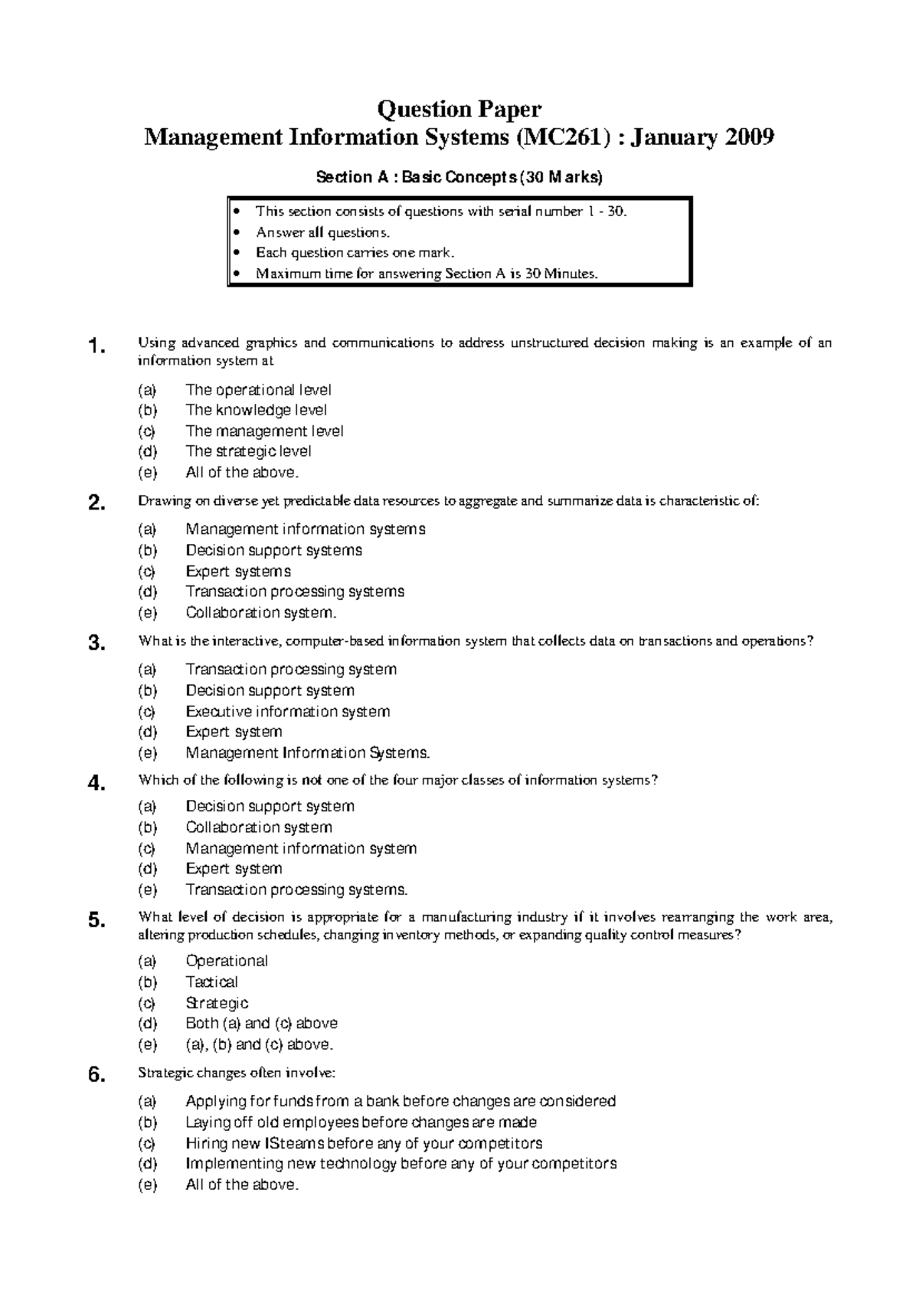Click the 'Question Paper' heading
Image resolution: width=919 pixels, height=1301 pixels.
pyautogui.click(x=459, y=110)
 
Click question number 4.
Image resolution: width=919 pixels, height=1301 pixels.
pyautogui.click(x=96, y=783)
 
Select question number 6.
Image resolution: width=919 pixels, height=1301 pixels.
pyautogui.click(x=96, y=1076)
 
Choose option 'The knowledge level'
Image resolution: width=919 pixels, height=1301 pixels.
pyautogui.click(x=256, y=410)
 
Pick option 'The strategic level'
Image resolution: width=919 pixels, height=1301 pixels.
pyautogui.click(x=248, y=451)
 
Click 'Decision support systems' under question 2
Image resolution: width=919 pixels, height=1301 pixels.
pyautogui.click(x=273, y=550)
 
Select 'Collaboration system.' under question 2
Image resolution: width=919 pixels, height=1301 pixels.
pyautogui.click(x=260, y=612)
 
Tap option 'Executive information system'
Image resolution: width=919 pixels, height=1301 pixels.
pyautogui.click(x=287, y=711)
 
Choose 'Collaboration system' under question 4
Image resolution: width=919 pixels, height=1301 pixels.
pyautogui.click(x=258, y=827)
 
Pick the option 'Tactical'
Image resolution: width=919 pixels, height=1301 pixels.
pyautogui.click(x=211, y=981)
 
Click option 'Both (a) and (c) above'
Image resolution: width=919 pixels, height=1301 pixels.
pyautogui.click(x=261, y=1023)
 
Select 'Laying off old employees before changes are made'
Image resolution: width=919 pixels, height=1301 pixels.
pyautogui.click(x=361, y=1122)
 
